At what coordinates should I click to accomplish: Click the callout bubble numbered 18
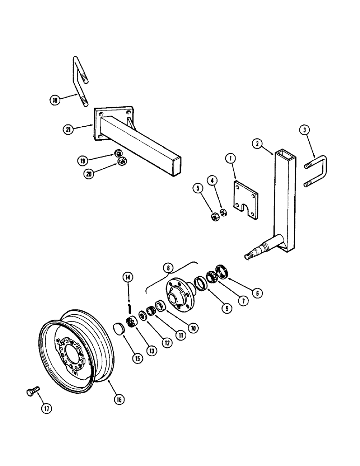click(56, 99)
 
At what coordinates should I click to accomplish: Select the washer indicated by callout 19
click(118, 154)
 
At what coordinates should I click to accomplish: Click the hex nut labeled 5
click(215, 216)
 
